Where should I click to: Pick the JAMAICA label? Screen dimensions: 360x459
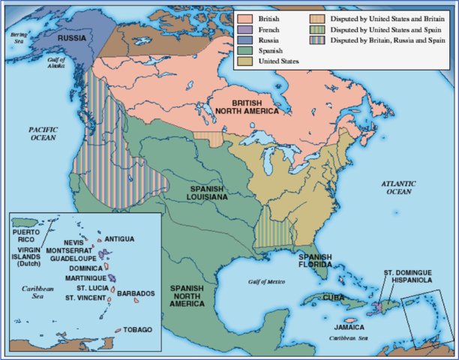tap(349, 328)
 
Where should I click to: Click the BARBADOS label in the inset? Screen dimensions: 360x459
tap(136, 293)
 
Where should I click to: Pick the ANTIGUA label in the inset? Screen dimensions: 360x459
tap(119, 238)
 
